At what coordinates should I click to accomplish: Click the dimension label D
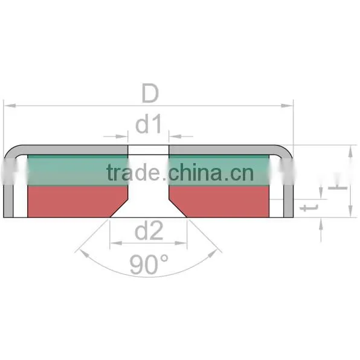[150, 93]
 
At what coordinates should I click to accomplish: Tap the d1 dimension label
[148, 124]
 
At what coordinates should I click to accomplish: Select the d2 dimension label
[149, 231]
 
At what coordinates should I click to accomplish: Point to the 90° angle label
[149, 264]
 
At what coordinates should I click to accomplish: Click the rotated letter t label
[309, 208]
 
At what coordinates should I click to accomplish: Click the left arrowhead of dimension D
[10, 106]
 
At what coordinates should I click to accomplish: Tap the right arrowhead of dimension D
[287, 106]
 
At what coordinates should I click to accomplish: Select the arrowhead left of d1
[121, 137]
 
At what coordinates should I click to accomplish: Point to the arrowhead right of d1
[175, 137]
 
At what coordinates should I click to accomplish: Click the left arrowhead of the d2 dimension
[116, 243]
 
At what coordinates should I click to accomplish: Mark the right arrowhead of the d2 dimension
[181, 243]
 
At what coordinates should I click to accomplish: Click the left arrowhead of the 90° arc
[84, 253]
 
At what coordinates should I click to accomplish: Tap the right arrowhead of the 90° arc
[213, 253]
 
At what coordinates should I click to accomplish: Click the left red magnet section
[74, 201]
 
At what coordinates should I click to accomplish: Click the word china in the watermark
[195, 172]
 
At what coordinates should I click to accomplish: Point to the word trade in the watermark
[133, 172]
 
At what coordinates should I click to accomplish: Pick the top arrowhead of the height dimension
[350, 152]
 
